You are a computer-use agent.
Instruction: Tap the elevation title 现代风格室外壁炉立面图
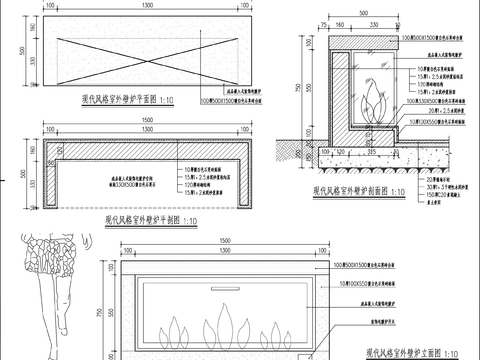pyautogui.click(x=411, y=352)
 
